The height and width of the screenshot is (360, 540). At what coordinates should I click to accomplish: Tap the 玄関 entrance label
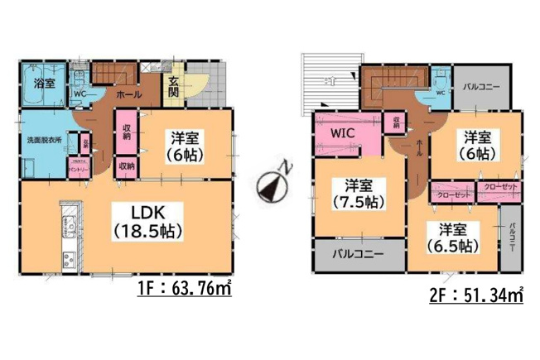(x=174, y=87)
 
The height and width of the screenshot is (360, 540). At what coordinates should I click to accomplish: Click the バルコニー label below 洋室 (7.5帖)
(x=358, y=254)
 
